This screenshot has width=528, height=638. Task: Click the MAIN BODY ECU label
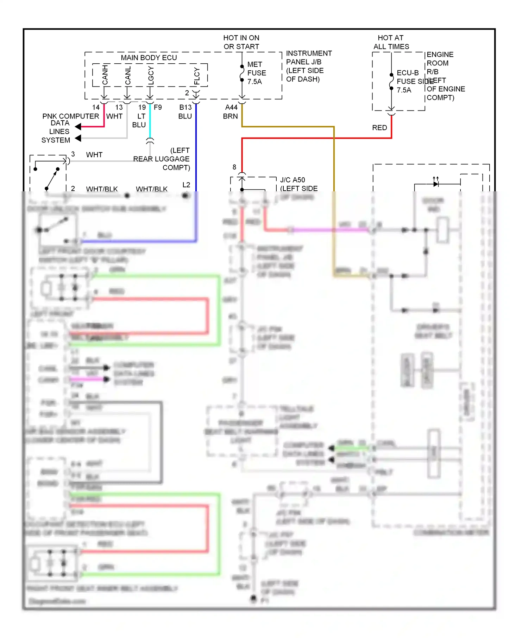149,58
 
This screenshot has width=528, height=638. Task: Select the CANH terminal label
105,75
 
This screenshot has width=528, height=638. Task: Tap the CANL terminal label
128,75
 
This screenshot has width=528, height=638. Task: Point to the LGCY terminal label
151,75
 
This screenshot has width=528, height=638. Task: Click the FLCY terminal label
197,76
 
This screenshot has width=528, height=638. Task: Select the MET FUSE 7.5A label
256,73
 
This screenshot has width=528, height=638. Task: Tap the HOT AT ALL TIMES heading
391,42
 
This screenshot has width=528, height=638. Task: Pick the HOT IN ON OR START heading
241,42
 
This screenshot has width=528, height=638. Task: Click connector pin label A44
231,107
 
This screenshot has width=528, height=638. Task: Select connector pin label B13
186,107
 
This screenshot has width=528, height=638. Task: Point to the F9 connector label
158,107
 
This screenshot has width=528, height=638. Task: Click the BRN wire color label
230,116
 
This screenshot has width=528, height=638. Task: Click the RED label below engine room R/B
379,128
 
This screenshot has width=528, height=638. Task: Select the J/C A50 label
293,180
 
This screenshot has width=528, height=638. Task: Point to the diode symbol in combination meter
436,184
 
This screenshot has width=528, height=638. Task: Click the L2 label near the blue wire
186,185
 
